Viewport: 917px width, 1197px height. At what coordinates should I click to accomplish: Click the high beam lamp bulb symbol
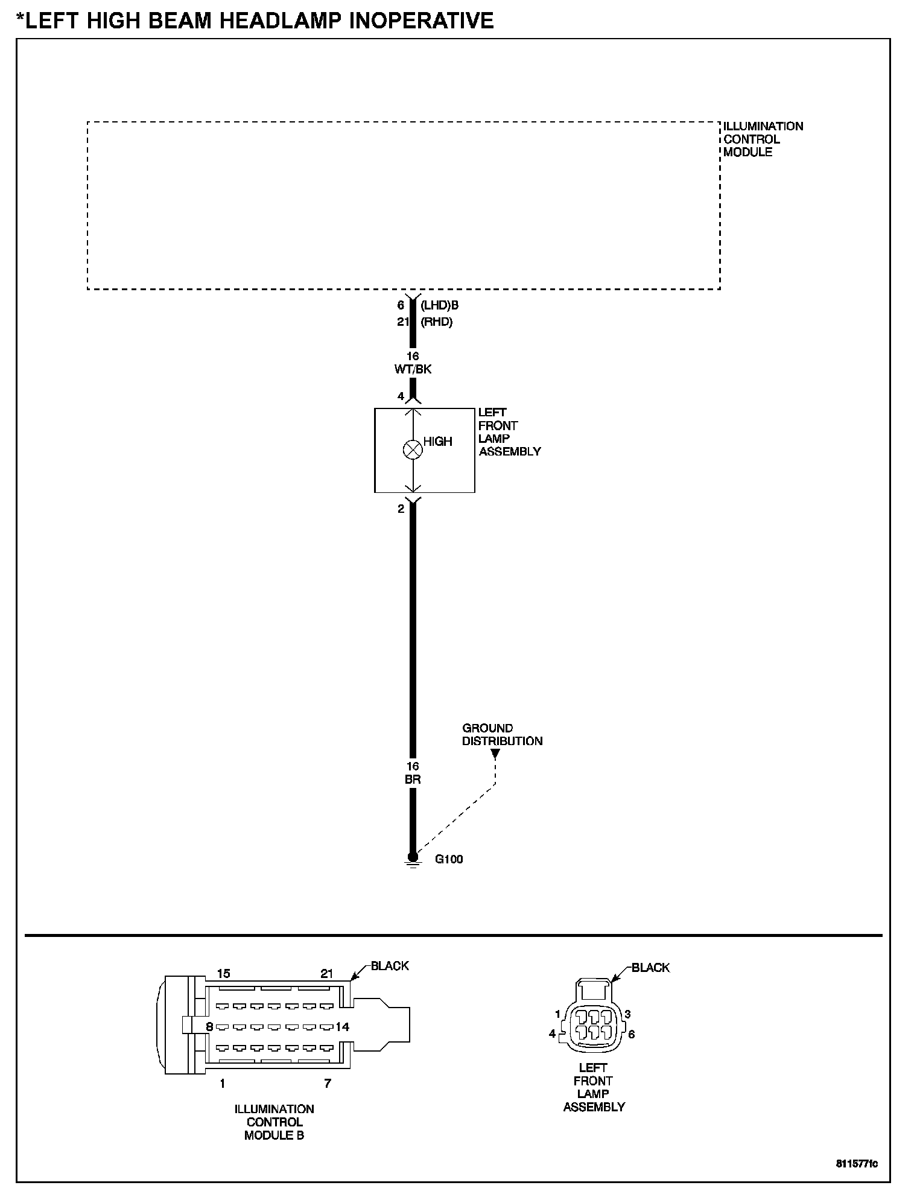click(413, 449)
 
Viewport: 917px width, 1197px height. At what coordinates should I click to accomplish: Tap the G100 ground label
click(449, 859)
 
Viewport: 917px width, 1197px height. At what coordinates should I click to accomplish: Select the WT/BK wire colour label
click(413, 369)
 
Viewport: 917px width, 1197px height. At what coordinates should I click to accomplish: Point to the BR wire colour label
click(413, 779)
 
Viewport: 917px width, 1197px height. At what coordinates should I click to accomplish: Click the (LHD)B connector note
click(439, 306)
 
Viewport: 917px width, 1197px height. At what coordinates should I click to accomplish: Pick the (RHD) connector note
click(436, 322)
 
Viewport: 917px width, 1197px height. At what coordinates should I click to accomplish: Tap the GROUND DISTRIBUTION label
click(502, 735)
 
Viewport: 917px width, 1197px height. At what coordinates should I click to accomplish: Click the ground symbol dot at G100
click(413, 857)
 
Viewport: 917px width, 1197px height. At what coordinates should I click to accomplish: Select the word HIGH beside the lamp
click(437, 442)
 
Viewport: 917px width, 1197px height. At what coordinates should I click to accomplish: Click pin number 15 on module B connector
click(223, 974)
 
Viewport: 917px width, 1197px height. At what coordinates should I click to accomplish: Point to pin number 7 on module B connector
click(328, 1084)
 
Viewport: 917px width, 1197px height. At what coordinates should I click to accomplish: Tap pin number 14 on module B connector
click(342, 1027)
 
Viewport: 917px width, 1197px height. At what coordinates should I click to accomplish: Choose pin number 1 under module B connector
click(223, 1084)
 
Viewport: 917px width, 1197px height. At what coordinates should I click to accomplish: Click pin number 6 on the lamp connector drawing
click(631, 1034)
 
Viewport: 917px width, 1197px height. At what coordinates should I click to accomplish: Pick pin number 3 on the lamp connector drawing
click(627, 1014)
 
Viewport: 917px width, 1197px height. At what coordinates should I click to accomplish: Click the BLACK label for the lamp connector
click(650, 968)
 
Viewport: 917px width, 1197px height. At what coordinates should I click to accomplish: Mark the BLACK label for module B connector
click(390, 966)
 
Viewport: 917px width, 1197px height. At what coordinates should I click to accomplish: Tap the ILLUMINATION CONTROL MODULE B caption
click(274, 1122)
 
